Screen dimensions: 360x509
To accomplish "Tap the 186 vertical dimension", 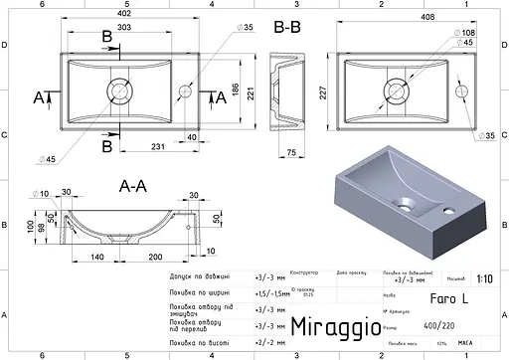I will click(225, 91).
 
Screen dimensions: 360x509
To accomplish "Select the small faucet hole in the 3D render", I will click(448, 212).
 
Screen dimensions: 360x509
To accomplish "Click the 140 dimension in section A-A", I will click(96, 257).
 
